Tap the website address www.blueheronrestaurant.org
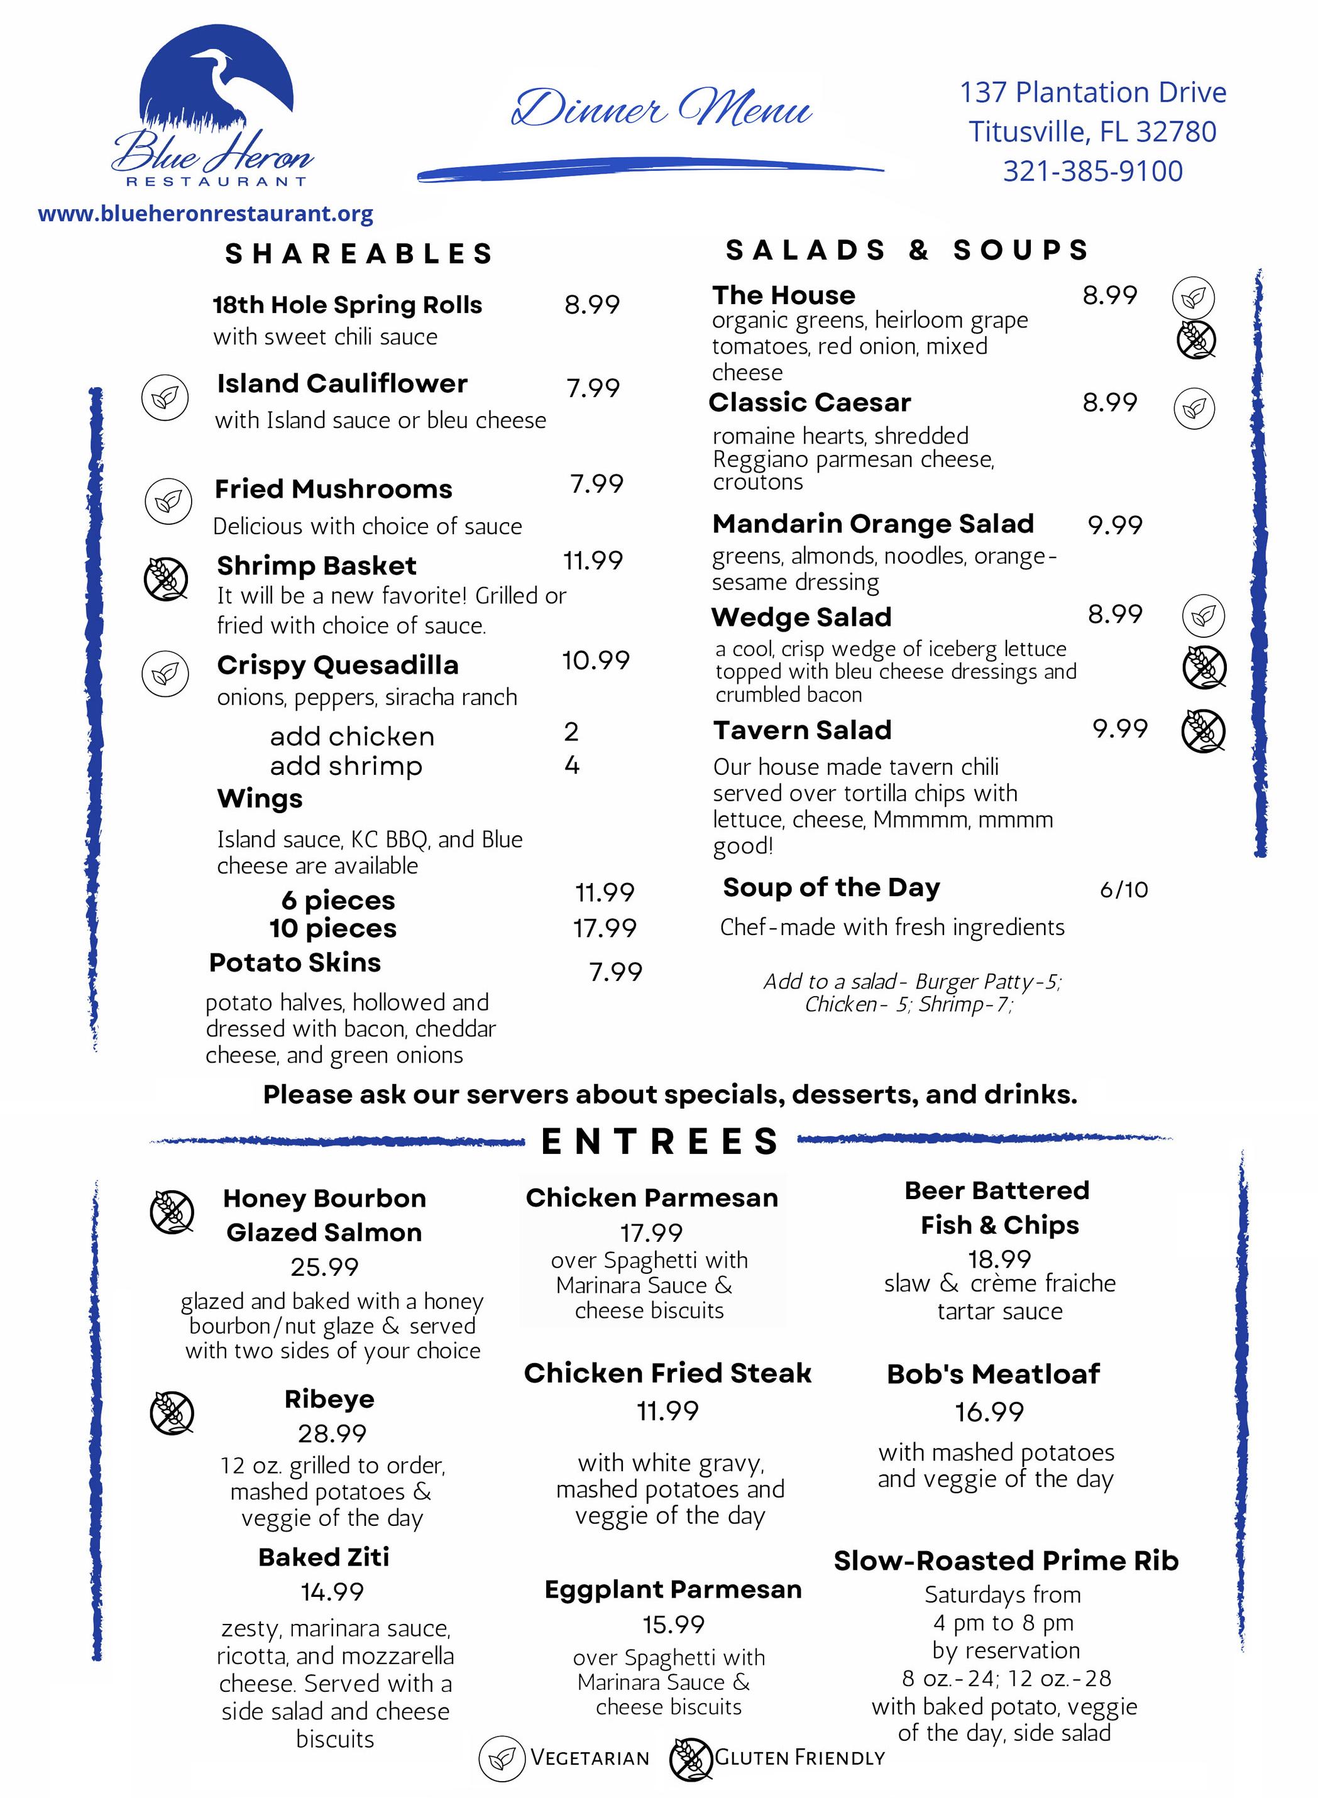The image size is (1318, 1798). pyautogui.click(x=206, y=214)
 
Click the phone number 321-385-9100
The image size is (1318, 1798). pyautogui.click(x=1092, y=172)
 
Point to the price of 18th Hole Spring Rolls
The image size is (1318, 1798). pyautogui.click(x=592, y=305)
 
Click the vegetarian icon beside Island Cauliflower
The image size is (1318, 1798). pyautogui.click(x=165, y=397)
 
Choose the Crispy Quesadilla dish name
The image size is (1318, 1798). pyautogui.click(x=338, y=666)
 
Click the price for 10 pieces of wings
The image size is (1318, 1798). pyautogui.click(x=605, y=928)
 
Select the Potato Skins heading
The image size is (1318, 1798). pyautogui.click(x=295, y=963)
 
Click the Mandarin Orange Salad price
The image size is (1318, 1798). pyautogui.click(x=1114, y=525)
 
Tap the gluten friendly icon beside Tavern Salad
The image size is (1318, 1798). pyautogui.click(x=1203, y=731)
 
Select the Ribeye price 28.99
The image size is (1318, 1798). pyautogui.click(x=332, y=1433)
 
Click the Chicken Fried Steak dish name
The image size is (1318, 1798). pyautogui.click(x=667, y=1373)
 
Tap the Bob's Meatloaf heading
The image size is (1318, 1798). pyautogui.click(x=993, y=1374)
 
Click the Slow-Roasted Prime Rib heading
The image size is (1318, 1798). pyautogui.click(x=1006, y=1560)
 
